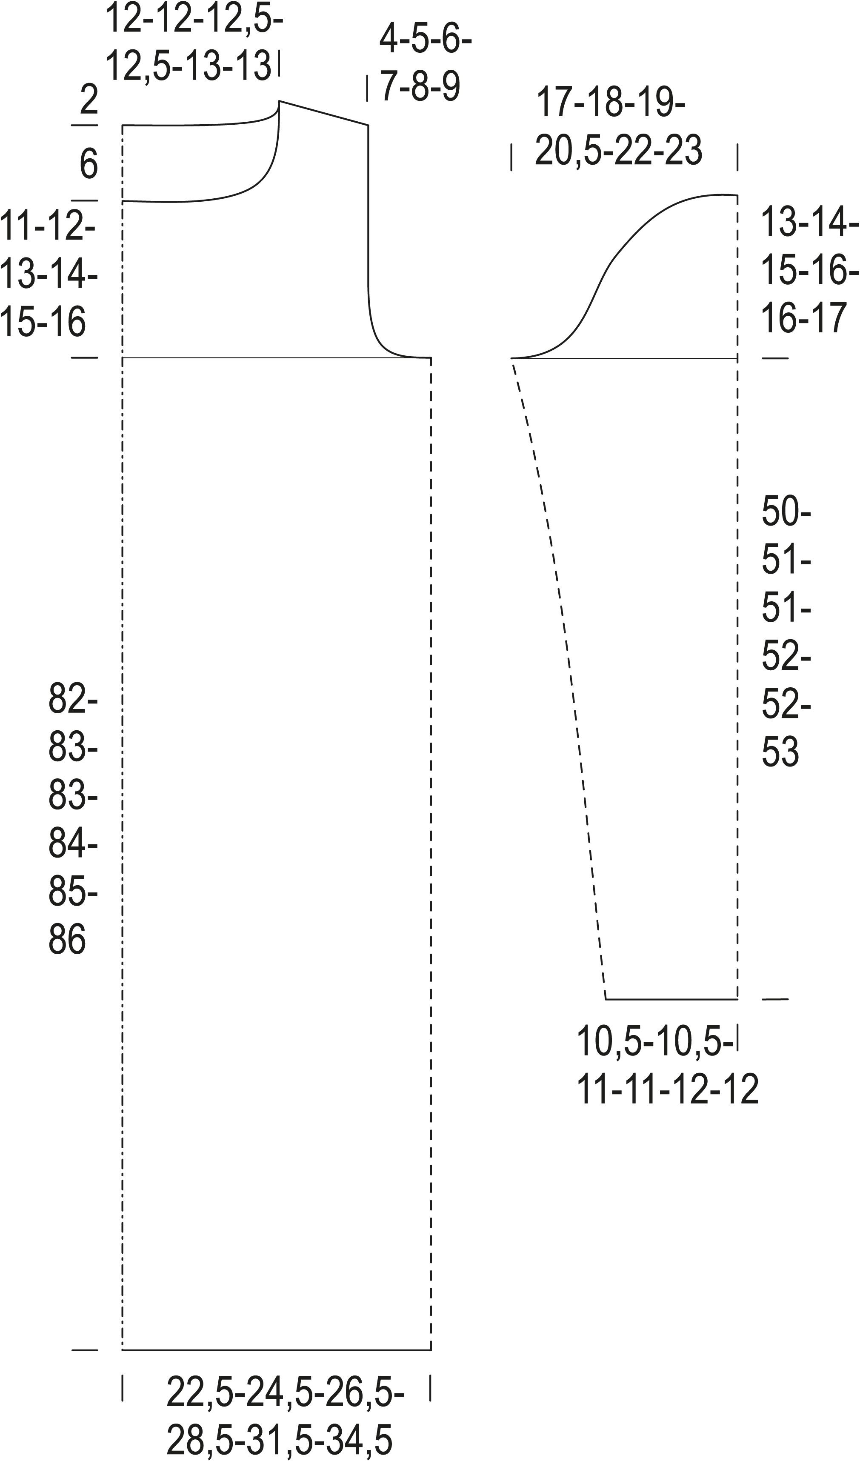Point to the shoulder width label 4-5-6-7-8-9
426,64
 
